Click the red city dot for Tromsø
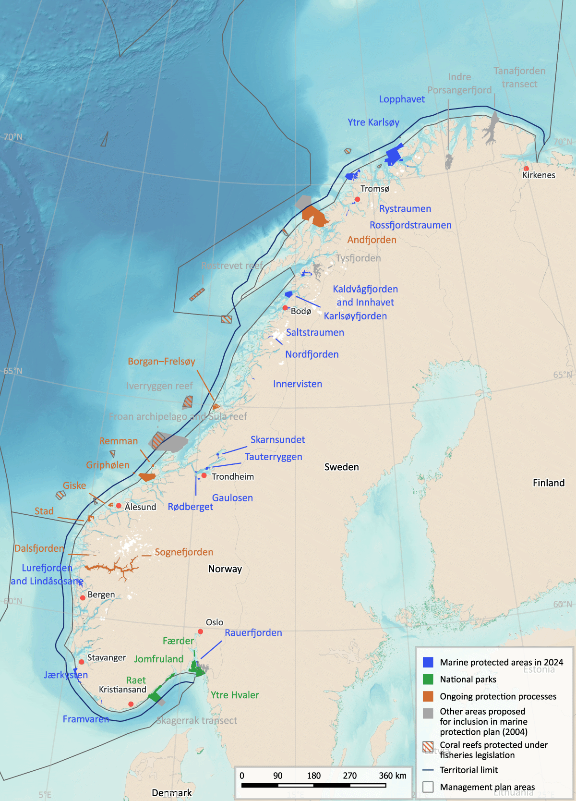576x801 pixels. click(357, 199)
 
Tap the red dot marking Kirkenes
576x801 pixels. click(526, 169)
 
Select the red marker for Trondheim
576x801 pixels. click(204, 475)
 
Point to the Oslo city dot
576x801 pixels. click(201, 631)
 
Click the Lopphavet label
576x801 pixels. click(402, 99)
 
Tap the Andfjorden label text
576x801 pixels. click(372, 240)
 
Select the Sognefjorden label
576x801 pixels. click(184, 552)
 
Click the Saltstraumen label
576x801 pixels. click(315, 332)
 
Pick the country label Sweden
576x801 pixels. click(341, 467)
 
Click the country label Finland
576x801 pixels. click(549, 483)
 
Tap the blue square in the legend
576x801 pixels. click(428, 662)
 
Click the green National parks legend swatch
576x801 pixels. click(428, 680)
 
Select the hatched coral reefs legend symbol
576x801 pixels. click(428, 747)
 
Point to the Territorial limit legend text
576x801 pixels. click(468, 770)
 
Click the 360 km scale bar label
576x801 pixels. click(392, 776)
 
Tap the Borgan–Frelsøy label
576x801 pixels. click(161, 361)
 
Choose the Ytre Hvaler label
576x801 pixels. click(235, 695)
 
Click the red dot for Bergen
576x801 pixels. click(83, 598)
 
